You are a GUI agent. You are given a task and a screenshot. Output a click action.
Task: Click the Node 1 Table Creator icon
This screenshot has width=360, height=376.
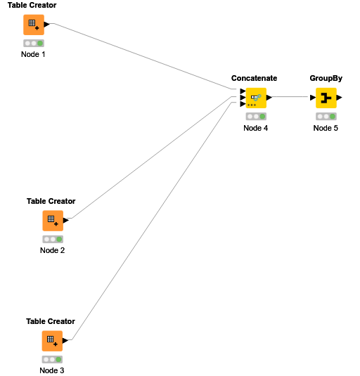click(32, 25)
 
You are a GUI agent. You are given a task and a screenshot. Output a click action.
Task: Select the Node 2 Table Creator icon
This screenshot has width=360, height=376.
click(52, 220)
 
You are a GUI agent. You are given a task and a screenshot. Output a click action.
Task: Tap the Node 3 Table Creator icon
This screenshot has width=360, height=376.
click(52, 340)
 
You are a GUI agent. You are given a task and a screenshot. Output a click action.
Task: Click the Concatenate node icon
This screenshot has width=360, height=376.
click(255, 98)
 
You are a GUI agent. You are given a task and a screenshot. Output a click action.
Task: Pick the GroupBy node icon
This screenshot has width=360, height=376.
click(326, 98)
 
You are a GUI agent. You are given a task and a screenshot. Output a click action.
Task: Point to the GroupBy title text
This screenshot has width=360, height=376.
click(326, 78)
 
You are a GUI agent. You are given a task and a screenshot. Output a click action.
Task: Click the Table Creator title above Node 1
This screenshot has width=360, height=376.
click(32, 6)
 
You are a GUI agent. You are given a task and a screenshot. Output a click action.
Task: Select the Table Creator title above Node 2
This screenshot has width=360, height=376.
click(51, 201)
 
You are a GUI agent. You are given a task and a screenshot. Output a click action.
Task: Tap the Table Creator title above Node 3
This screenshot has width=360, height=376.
click(51, 321)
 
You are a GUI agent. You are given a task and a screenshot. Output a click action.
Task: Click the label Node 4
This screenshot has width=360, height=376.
click(256, 128)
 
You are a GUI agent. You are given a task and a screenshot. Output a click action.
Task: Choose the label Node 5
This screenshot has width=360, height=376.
click(326, 128)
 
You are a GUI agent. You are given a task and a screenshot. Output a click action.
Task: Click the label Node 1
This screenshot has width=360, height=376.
click(33, 54)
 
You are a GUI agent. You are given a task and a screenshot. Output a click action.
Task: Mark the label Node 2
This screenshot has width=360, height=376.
click(53, 250)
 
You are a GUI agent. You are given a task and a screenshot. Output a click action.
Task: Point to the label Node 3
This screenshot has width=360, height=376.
click(52, 370)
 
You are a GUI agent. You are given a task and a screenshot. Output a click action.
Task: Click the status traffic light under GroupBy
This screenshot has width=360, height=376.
click(326, 117)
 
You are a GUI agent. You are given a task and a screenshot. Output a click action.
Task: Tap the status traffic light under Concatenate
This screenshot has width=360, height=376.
click(256, 117)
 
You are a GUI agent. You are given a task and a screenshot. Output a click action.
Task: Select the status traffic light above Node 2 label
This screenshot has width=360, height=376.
click(53, 239)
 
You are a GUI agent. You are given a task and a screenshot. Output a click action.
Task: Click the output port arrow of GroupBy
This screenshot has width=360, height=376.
click(340, 98)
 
